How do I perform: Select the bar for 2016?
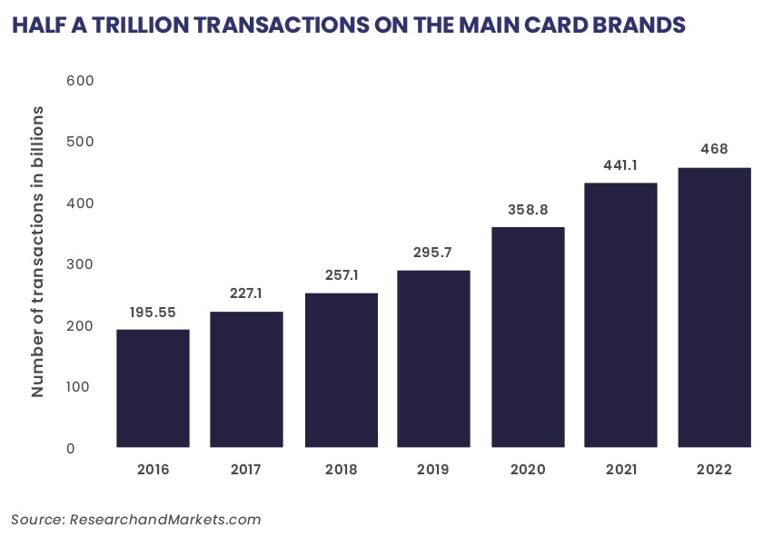click(153, 388)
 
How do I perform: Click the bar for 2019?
click(433, 358)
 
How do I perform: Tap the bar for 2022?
click(714, 307)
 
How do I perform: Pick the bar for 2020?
click(528, 337)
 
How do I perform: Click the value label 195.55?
click(153, 311)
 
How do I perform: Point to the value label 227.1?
click(246, 293)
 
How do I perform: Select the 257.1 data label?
click(340, 274)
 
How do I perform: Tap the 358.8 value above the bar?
click(528, 209)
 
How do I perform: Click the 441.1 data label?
click(620, 165)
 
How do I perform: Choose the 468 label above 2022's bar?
click(714, 149)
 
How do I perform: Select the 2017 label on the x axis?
click(246, 470)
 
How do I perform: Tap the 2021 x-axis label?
click(620, 470)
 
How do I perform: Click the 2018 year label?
click(340, 470)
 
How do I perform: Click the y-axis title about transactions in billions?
click(38, 252)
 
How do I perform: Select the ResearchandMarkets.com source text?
click(164, 520)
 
